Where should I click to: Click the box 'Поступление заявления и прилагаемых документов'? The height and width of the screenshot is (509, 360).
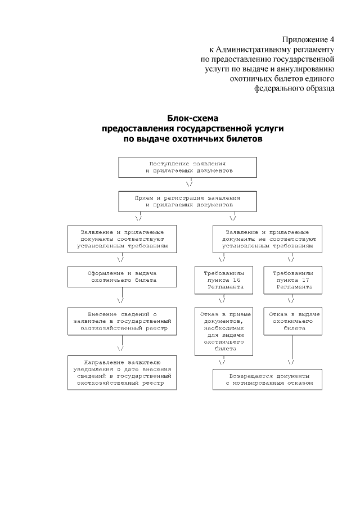point(188,166)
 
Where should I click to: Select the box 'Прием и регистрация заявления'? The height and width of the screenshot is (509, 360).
point(188,201)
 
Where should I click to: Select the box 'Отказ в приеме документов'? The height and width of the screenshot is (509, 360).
point(223,331)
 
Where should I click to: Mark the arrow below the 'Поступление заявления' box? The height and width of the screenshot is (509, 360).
point(189,184)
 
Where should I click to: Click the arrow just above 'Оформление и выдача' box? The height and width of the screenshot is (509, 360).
point(120,259)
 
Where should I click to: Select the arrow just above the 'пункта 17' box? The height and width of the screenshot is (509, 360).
point(291,259)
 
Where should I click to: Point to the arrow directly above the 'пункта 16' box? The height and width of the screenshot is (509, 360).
point(222,259)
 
